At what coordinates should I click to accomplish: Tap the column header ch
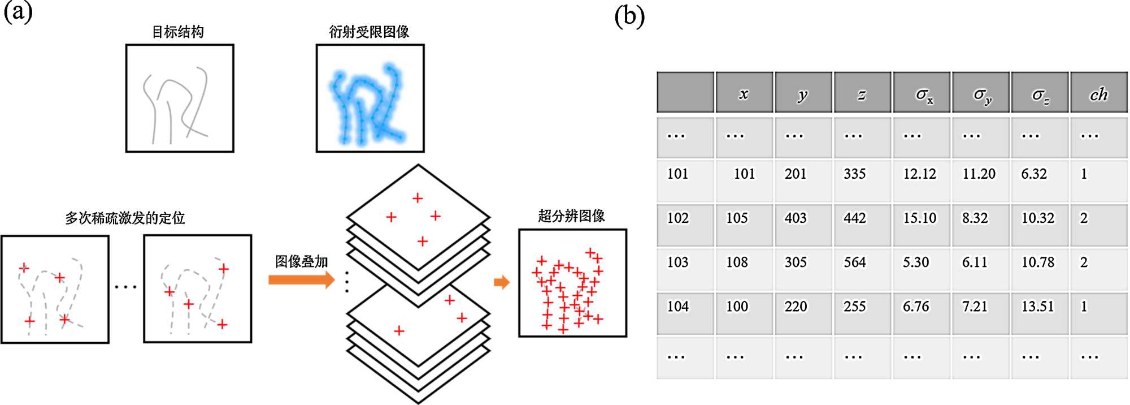click(x=1098, y=94)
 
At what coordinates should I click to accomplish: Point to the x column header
click(x=744, y=94)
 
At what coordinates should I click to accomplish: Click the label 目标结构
click(x=178, y=32)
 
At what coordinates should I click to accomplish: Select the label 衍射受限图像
click(x=369, y=32)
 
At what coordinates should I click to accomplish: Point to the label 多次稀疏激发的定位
click(x=125, y=218)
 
